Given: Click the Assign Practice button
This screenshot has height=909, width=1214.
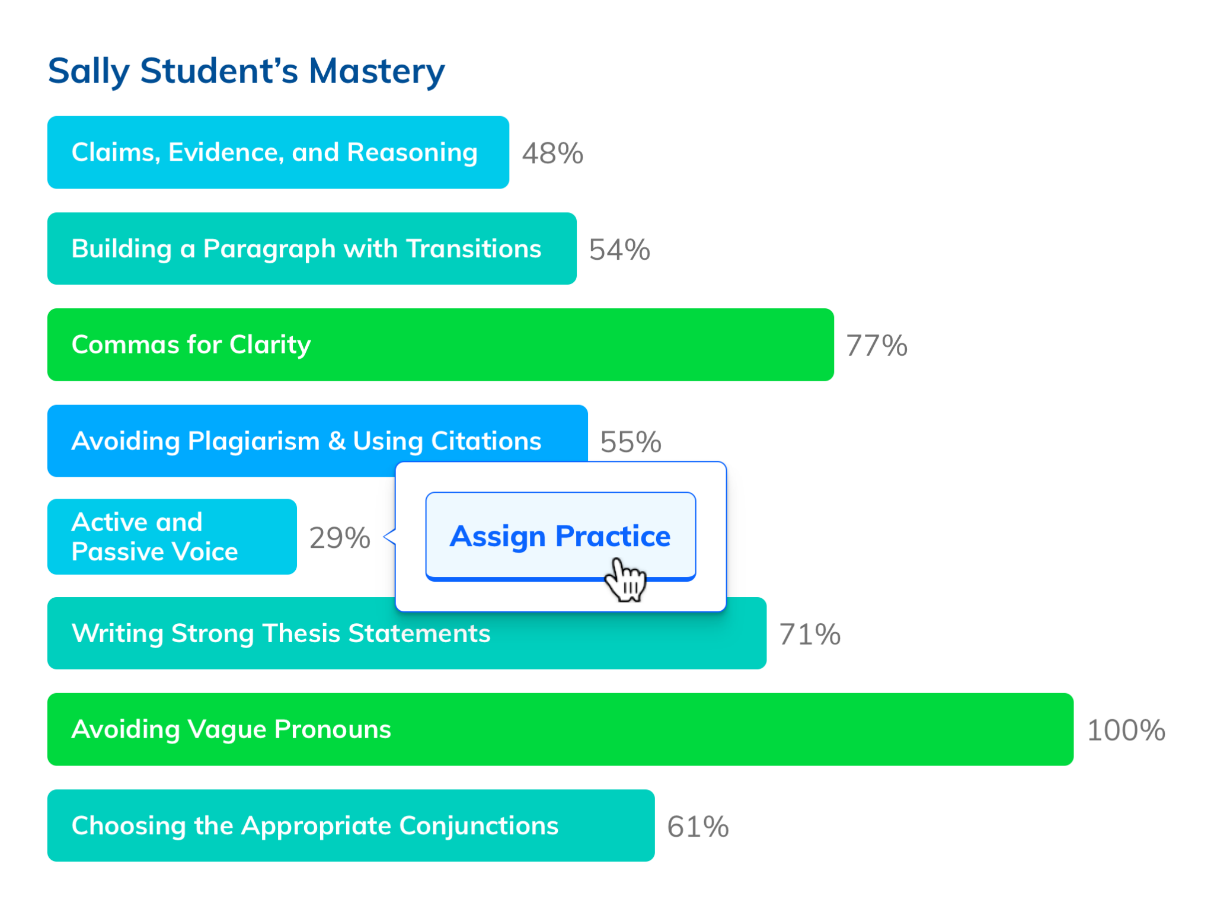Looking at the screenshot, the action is [560, 536].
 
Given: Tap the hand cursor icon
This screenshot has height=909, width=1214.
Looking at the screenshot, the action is [625, 580].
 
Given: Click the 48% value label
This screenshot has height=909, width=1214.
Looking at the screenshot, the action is [552, 153].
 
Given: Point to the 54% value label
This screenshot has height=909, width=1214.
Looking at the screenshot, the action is [619, 250].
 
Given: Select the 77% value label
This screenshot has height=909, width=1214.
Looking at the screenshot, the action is [877, 345].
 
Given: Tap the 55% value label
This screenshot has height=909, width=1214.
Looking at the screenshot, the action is [631, 442].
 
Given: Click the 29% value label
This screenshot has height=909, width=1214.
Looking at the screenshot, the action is [340, 538].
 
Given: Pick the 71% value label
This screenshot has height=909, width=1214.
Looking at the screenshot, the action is [810, 634].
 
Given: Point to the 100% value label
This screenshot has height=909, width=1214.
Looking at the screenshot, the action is [1126, 730].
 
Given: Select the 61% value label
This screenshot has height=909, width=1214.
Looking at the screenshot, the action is [698, 827].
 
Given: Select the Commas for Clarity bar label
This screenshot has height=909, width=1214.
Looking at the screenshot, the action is [191, 345].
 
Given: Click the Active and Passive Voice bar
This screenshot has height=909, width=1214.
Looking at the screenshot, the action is [172, 537].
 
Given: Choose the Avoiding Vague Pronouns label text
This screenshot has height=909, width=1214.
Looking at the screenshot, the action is [231, 730].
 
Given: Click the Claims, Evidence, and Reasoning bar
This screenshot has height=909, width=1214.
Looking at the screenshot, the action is [278, 152].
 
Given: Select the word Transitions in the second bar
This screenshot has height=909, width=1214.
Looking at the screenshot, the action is [474, 248].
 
